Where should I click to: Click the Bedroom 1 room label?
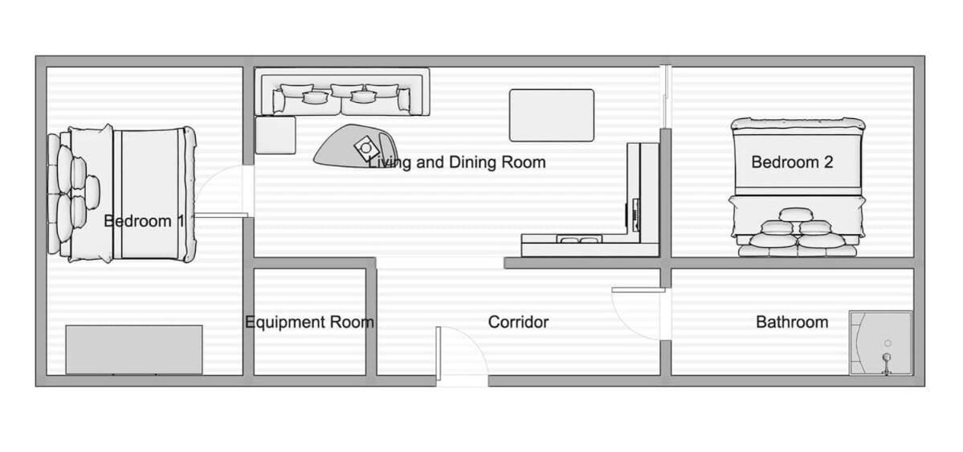(145, 221)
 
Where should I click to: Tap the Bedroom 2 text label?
(792, 162)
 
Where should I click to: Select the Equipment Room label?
(309, 323)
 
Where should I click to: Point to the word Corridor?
(518, 323)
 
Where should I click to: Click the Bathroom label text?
(792, 323)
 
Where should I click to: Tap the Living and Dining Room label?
(456, 162)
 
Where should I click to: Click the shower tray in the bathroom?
(881, 343)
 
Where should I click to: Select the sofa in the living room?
(342, 92)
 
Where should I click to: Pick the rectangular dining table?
(552, 115)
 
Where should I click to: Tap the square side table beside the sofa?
(275, 134)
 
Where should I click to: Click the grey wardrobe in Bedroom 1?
(134, 349)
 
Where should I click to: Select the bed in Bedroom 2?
(798, 187)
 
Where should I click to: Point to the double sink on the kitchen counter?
(578, 240)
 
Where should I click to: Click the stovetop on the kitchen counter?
(635, 213)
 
